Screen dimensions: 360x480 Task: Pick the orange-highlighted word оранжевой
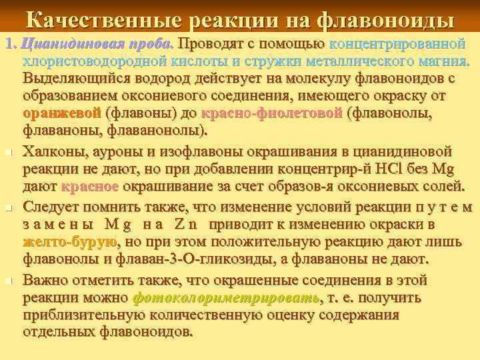pos(62,113)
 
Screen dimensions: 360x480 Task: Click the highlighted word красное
pos(90,186)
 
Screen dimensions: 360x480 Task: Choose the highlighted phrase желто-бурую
pos(70,241)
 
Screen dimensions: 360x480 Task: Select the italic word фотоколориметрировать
pos(227,297)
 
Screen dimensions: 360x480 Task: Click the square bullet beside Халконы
pos(7,153)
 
